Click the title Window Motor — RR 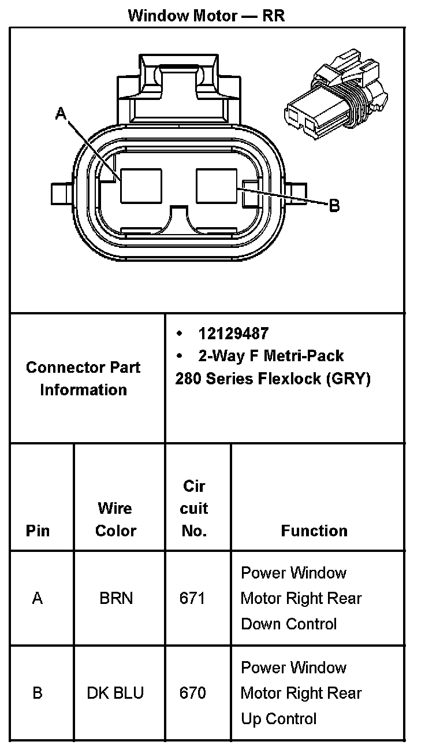coord(206,15)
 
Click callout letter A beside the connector coord(61,114)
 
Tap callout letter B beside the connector coord(334,205)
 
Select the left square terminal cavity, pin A coord(141,186)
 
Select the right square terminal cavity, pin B coord(217,186)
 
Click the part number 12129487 coord(233,333)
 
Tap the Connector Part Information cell coord(83,379)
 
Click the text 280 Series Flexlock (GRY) coord(273,379)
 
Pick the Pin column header coord(38,531)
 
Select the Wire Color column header coord(115,520)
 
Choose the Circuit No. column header coord(194,509)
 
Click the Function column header coord(314,531)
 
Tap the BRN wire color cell coord(116,598)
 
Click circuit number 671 coord(192,598)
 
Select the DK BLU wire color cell coord(115,693)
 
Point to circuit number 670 coord(192,693)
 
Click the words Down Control coord(288,624)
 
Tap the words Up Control coord(278,719)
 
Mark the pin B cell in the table coord(38,693)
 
